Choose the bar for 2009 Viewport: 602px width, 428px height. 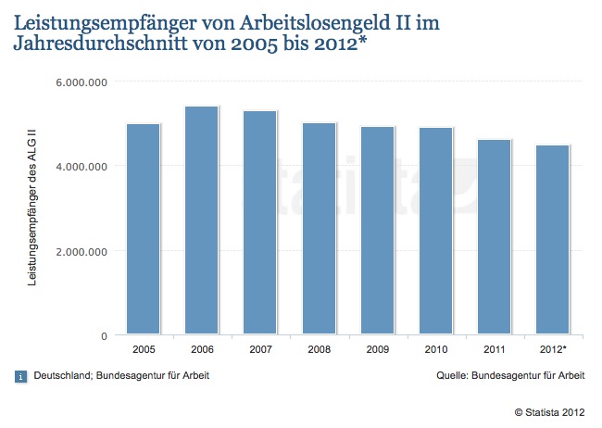[x=378, y=231]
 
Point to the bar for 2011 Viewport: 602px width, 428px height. [x=495, y=237]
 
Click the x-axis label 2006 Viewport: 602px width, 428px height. [x=202, y=351]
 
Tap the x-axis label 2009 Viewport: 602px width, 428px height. [x=378, y=351]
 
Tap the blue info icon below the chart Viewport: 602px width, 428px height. [x=21, y=376]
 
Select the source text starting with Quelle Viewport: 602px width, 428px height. [x=510, y=376]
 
